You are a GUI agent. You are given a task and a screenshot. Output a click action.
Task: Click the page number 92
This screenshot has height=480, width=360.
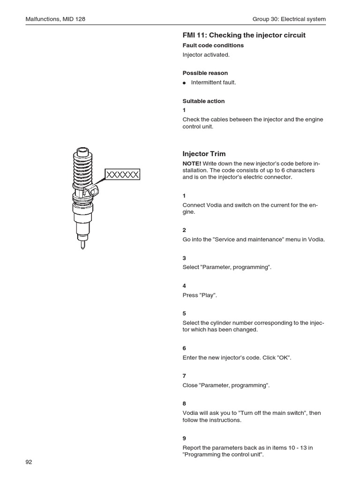[29, 462]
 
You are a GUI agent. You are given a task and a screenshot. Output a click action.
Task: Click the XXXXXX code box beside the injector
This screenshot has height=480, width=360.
[122, 175]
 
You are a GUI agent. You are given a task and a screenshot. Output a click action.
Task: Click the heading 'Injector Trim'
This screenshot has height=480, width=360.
[203, 154]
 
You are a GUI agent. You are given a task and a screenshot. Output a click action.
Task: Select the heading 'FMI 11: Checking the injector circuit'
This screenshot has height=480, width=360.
[244, 35]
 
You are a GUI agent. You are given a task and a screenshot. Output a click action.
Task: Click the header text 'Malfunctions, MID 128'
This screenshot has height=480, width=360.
[55, 19]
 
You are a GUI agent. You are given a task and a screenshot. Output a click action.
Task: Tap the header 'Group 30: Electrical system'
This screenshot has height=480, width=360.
[289, 19]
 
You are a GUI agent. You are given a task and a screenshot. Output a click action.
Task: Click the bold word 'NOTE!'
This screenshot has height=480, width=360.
[192, 163]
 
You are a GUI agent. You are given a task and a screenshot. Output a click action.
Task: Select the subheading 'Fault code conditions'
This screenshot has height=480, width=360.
[213, 45]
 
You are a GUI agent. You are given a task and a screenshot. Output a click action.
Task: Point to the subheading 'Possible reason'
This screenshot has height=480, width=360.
[205, 73]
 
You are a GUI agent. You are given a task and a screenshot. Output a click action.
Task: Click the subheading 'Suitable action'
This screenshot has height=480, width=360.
[203, 101]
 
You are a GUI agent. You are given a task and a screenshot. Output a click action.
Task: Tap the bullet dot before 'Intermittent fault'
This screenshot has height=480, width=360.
[185, 83]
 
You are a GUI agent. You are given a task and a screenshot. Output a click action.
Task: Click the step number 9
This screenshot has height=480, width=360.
[184, 438]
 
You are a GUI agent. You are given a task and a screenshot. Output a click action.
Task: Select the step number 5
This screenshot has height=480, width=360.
[184, 313]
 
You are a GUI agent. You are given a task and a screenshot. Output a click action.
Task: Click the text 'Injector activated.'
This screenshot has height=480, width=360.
[206, 55]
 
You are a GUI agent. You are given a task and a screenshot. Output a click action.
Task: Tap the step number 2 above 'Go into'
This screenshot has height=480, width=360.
[184, 230]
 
